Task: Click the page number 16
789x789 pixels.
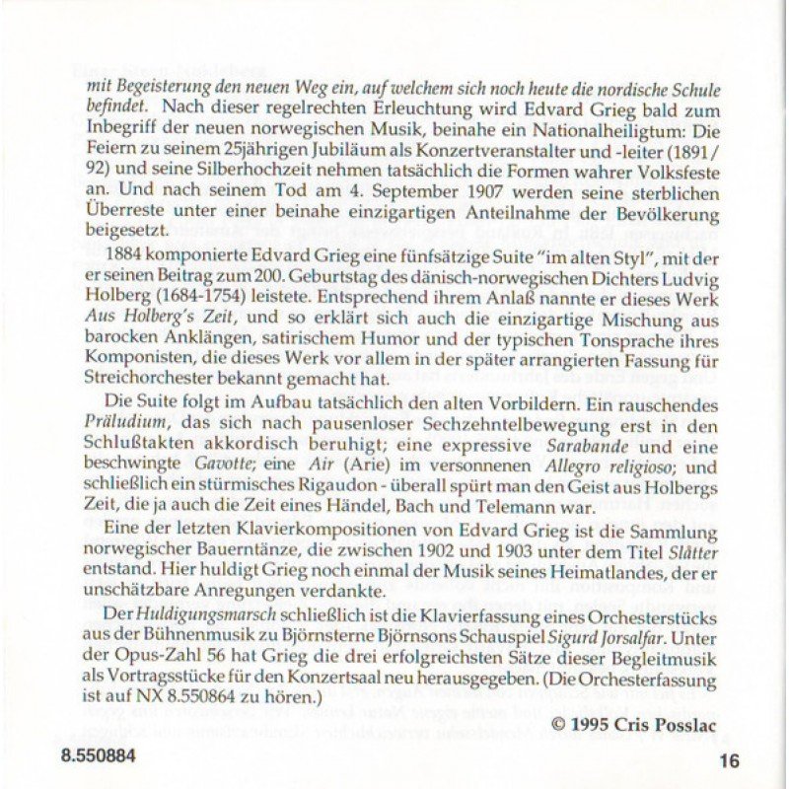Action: point(729,759)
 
